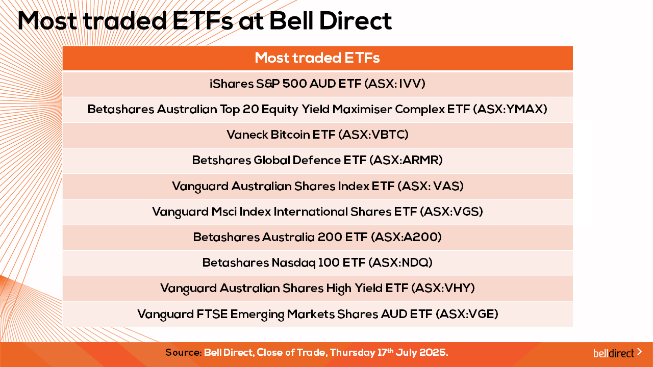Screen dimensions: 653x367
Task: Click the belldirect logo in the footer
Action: [x=617, y=353]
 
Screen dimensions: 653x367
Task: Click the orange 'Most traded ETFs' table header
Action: [x=317, y=58]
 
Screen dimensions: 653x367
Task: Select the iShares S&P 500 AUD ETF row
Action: [x=317, y=84]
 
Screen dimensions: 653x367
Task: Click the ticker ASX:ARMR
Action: [x=409, y=160]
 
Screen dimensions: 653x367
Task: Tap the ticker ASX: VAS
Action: [x=433, y=186]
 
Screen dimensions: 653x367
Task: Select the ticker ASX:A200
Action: [x=408, y=237]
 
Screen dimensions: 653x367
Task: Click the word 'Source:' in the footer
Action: [x=183, y=352]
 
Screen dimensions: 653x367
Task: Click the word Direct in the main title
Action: [x=356, y=21]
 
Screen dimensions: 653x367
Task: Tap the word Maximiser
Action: [x=362, y=109]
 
